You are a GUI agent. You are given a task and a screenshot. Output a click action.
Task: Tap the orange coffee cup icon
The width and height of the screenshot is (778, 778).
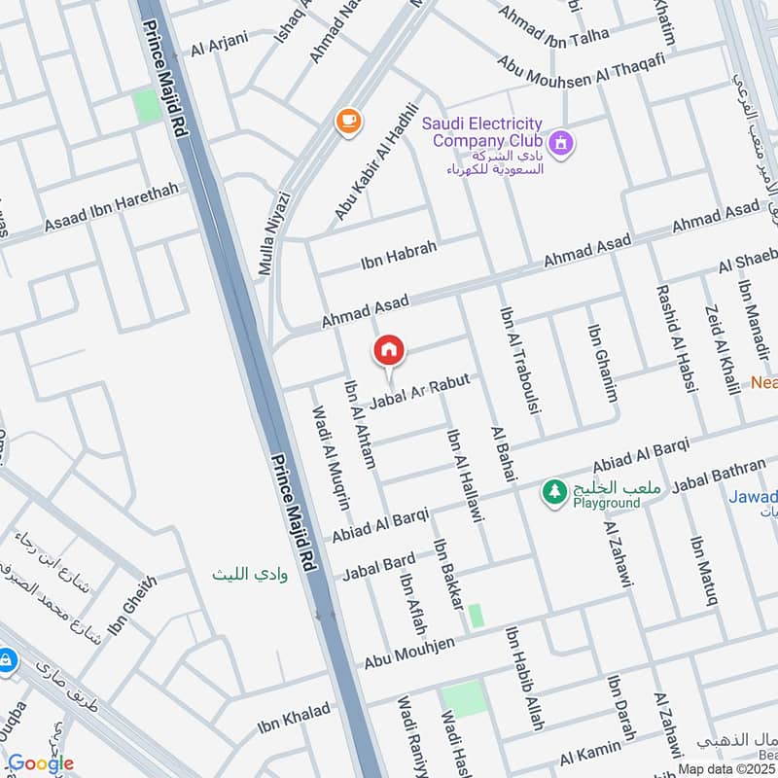pyautogui.click(x=347, y=121)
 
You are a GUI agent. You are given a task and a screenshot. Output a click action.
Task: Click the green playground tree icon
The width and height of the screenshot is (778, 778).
pyautogui.click(x=554, y=493)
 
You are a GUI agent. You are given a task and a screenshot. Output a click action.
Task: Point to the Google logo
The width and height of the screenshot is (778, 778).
pyautogui.click(x=40, y=763)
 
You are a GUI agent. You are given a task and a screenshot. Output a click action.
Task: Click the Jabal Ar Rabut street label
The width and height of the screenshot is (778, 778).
pyautogui.click(x=427, y=392)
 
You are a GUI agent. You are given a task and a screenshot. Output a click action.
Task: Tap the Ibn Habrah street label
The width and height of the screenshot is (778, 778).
pyautogui.click(x=399, y=256)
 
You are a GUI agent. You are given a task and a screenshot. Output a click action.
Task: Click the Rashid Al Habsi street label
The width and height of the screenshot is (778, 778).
pyautogui.click(x=677, y=337)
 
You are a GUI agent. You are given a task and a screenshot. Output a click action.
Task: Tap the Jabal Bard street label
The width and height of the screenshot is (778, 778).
pyautogui.click(x=378, y=566)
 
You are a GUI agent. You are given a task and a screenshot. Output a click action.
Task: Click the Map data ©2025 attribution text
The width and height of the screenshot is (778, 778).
pyautogui.click(x=725, y=768)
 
